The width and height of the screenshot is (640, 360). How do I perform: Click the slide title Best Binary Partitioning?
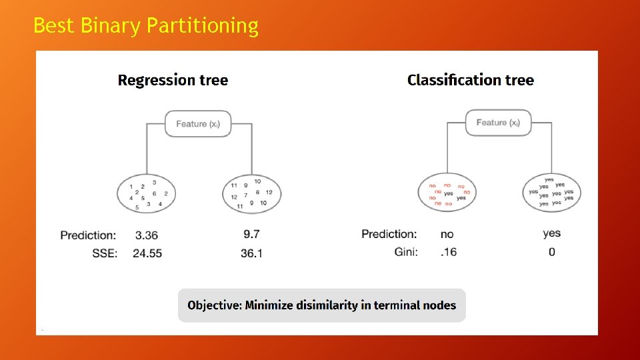pyautogui.click(x=145, y=25)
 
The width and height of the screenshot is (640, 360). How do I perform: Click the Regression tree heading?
pyautogui.click(x=173, y=81)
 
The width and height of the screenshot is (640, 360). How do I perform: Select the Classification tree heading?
pyautogui.click(x=470, y=81)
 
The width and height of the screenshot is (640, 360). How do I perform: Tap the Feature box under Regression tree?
pyautogui.click(x=198, y=123)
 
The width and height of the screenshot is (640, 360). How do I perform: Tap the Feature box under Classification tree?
pyautogui.click(x=498, y=123)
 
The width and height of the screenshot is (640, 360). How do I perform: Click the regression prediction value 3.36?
pyautogui.click(x=147, y=235)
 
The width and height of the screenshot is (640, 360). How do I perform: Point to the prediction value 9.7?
pyautogui.click(x=251, y=235)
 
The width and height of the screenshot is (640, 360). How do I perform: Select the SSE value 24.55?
pyautogui.click(x=148, y=253)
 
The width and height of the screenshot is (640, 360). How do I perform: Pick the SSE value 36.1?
pyautogui.click(x=251, y=253)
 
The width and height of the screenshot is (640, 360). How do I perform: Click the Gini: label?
pyautogui.click(x=406, y=252)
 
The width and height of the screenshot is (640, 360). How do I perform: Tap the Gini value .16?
pyautogui.click(x=449, y=252)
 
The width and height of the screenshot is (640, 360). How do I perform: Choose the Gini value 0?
pyautogui.click(x=551, y=252)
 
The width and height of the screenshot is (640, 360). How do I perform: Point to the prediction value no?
pyautogui.click(x=447, y=234)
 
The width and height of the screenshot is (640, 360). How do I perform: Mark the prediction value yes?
pyautogui.click(x=551, y=233)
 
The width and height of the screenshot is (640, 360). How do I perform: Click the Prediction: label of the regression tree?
pyautogui.click(x=88, y=235)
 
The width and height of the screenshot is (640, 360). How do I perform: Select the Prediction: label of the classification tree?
pyautogui.click(x=389, y=234)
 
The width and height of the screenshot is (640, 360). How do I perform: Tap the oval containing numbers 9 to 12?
pyautogui.click(x=251, y=193)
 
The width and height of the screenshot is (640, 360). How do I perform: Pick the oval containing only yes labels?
pyautogui.click(x=551, y=193)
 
